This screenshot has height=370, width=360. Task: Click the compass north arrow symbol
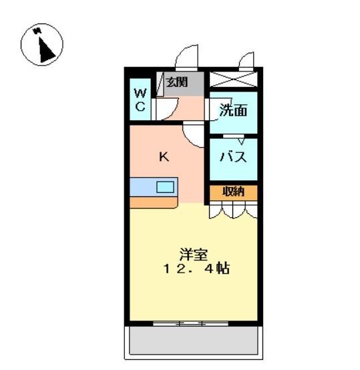[42, 45]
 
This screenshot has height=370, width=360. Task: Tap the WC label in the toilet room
[140, 100]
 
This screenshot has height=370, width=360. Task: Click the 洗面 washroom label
[233, 111]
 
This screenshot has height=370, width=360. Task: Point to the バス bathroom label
[233, 158]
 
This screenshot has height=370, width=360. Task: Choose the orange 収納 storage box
[233, 192]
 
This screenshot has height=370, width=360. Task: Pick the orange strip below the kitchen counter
[152, 202]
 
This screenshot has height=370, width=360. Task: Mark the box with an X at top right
[233, 79]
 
